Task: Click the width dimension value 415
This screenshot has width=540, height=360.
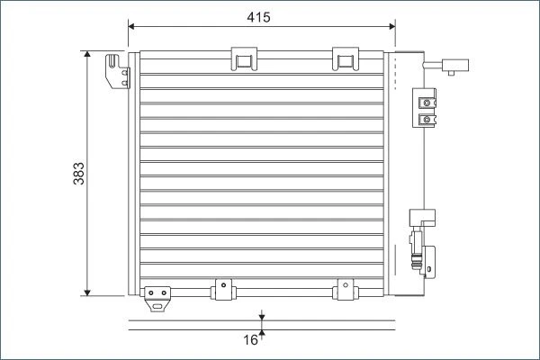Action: click(x=258, y=17)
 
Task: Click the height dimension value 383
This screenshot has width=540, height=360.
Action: click(x=79, y=174)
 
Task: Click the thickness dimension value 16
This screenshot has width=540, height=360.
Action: click(x=250, y=340)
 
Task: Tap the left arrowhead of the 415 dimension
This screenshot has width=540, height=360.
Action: click(x=131, y=26)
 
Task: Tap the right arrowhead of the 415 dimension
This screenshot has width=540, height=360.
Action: click(x=391, y=26)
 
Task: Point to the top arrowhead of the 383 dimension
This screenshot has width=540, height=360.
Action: click(x=87, y=54)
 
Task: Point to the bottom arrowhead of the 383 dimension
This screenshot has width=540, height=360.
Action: click(x=87, y=292)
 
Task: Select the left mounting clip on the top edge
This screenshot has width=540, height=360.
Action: click(x=244, y=58)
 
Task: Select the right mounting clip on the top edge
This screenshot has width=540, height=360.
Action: click(x=346, y=58)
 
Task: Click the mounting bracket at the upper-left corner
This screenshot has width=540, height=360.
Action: click(x=118, y=71)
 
